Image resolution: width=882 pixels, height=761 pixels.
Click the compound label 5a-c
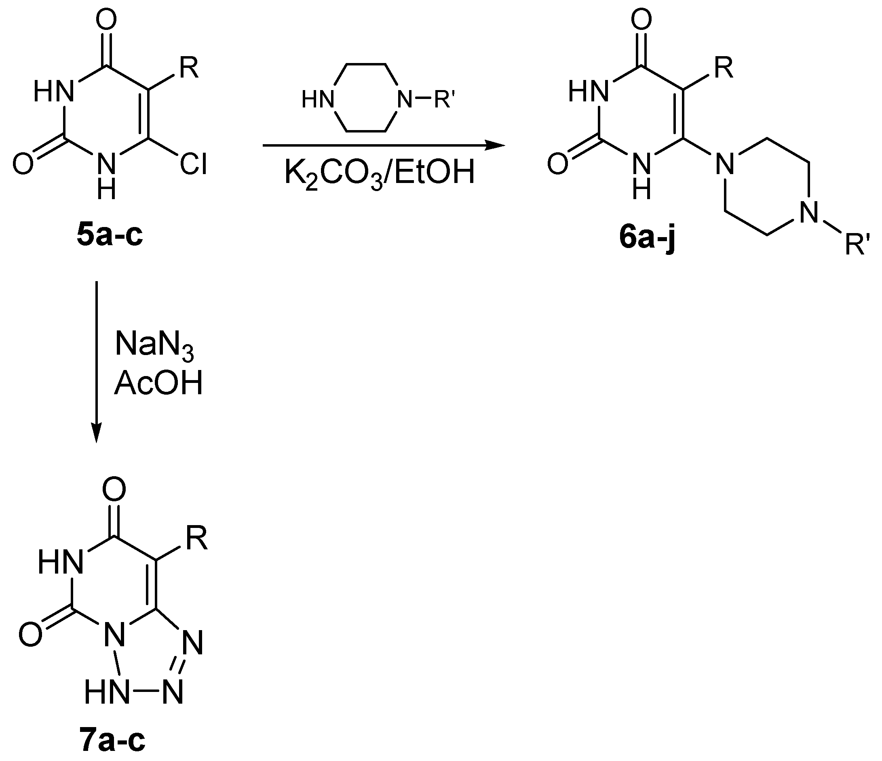(110, 235)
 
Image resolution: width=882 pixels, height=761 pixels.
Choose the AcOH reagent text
(158, 384)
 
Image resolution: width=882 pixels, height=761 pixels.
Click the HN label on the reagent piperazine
(318, 101)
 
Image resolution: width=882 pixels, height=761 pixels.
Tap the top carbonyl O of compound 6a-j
(641, 20)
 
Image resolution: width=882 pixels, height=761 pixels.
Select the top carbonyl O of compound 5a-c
(106, 20)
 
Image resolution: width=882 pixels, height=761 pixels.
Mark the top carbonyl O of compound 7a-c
(114, 490)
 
